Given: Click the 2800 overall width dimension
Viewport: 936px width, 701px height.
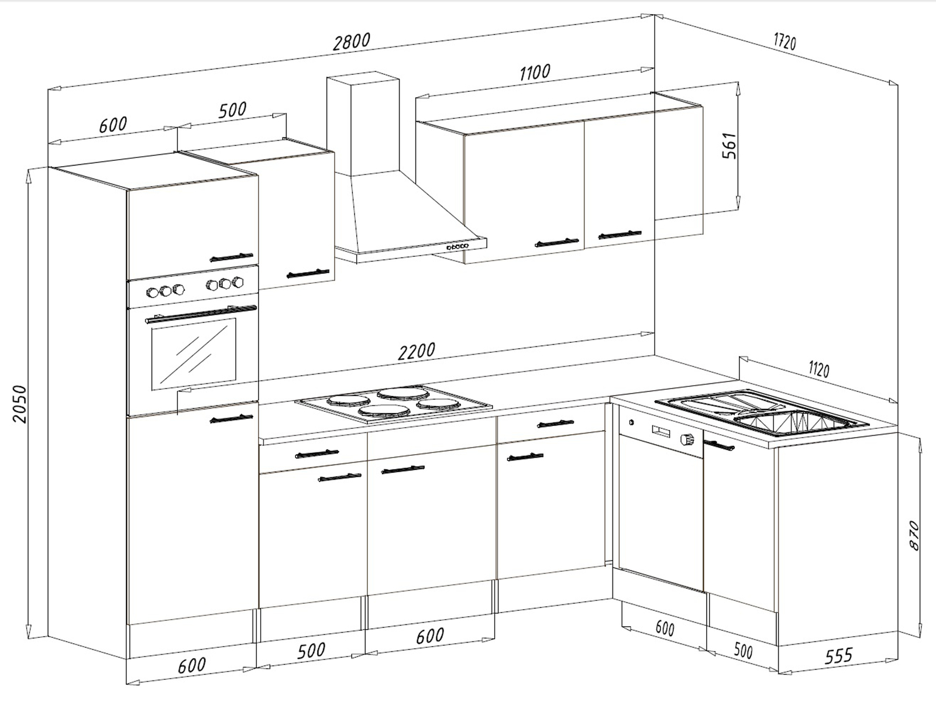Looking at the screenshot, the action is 352,42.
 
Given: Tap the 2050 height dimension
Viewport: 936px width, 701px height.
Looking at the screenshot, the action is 19,404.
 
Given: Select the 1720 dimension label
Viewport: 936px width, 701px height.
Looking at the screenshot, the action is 784,42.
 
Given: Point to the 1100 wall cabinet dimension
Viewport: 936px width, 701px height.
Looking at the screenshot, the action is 535,73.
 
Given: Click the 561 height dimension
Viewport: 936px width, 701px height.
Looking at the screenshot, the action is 729,146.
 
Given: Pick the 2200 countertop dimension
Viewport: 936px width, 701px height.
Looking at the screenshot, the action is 416,351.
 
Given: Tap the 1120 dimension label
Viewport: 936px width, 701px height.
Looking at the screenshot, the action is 819,369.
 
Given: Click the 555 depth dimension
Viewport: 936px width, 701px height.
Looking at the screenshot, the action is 839,656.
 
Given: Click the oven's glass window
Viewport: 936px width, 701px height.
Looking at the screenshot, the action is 194,354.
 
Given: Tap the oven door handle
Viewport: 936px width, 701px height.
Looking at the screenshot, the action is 201,313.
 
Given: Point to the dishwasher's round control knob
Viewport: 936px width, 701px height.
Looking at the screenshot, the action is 687,439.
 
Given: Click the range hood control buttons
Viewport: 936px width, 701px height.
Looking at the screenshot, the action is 457,247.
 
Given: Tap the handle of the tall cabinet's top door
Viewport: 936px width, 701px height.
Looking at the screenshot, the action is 232,257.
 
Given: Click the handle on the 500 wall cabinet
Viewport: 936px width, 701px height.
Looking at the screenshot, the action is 308,273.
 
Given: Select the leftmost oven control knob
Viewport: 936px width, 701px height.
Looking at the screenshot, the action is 152,293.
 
